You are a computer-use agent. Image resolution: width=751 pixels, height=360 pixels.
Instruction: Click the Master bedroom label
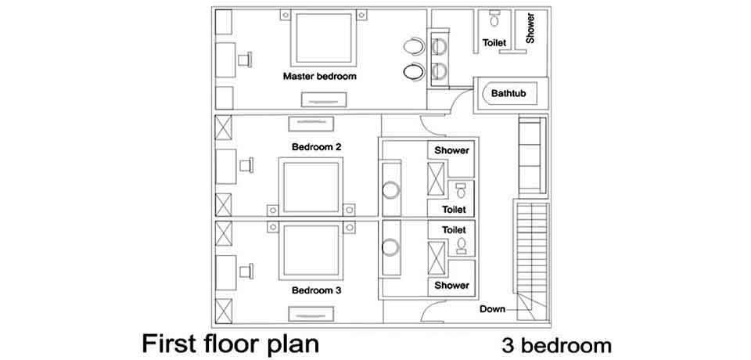[320, 77]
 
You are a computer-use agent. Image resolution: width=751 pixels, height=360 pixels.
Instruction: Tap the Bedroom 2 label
[316, 146]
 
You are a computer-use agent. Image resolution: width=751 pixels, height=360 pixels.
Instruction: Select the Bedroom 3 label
[316, 290]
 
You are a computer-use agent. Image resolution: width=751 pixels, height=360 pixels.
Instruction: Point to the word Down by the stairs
[492, 308]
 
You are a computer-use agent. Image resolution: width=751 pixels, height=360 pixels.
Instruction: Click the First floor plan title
[231, 344]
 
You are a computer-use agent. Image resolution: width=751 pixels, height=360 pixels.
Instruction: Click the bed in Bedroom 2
[313, 185]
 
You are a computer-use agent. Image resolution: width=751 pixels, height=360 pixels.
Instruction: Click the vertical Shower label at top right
[530, 27]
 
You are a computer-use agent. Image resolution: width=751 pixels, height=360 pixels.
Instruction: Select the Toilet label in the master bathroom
[494, 42]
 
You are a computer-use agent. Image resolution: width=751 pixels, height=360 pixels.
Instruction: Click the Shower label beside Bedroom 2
[451, 150]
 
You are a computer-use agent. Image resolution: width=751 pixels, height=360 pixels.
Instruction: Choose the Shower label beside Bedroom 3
[451, 286]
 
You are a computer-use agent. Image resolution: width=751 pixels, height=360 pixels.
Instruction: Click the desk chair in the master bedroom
[248, 59]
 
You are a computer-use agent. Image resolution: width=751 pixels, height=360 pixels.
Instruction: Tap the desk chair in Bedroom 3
[248, 270]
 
